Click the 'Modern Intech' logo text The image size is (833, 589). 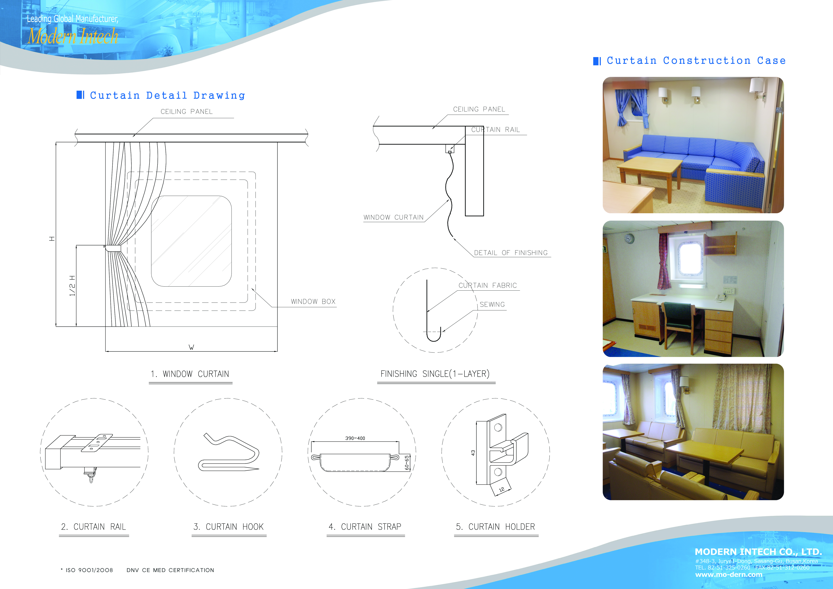coord(73,36)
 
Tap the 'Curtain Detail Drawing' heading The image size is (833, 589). coord(168,95)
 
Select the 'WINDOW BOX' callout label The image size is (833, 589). coord(313,301)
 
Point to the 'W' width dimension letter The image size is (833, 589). coord(191,347)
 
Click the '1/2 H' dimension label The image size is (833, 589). coord(72,286)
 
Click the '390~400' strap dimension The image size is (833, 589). coord(355,438)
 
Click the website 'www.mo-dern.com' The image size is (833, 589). coord(729,575)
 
